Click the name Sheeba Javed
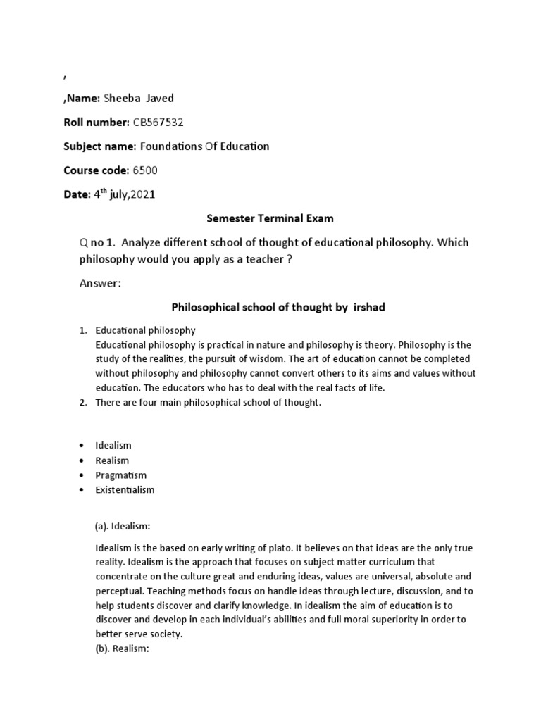tap(139, 98)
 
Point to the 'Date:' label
tap(77, 195)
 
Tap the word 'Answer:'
tap(101, 283)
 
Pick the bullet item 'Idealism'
tap(113, 446)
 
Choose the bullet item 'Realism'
tap(113, 460)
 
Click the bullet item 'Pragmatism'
tap(120, 475)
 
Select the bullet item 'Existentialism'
tap(125, 490)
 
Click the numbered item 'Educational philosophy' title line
tap(145, 330)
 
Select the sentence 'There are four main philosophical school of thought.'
tap(208, 403)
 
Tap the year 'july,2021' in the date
tap(130, 195)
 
